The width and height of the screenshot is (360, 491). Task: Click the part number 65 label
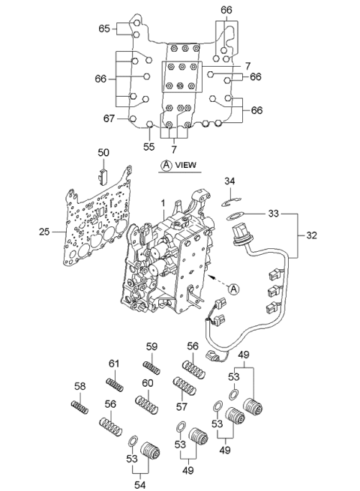[104, 28]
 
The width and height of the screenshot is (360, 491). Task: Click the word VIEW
[184, 166]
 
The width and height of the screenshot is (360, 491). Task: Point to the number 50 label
[103, 153]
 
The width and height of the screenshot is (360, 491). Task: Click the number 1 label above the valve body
[160, 203]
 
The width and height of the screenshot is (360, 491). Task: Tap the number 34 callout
[230, 181]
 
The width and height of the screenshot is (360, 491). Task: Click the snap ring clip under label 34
[230, 200]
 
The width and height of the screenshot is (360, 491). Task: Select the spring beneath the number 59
[152, 366]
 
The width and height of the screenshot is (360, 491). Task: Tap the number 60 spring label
[148, 383]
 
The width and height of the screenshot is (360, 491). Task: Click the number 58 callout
[80, 386]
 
